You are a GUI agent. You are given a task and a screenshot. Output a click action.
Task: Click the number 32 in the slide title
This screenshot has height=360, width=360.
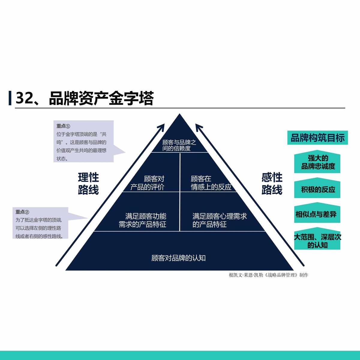(x=24, y=98)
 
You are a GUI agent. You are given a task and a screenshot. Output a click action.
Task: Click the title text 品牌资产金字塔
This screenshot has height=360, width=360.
(x=101, y=98)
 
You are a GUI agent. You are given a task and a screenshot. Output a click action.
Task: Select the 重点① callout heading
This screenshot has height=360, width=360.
(x=63, y=126)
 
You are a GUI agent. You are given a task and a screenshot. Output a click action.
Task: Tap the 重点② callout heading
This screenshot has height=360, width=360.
(x=22, y=212)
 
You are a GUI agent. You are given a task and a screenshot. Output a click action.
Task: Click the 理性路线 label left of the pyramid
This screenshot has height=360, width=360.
(x=88, y=184)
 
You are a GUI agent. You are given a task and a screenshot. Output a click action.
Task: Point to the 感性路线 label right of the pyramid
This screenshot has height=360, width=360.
(x=272, y=184)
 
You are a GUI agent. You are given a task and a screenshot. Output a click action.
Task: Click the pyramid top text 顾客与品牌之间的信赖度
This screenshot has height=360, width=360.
(x=179, y=145)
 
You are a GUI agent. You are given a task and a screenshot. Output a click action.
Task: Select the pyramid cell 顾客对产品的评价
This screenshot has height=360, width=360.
(x=148, y=183)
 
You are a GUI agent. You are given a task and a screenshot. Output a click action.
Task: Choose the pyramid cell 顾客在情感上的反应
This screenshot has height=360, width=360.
(x=211, y=183)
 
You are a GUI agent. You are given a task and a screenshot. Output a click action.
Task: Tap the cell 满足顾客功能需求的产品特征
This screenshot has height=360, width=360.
(x=143, y=220)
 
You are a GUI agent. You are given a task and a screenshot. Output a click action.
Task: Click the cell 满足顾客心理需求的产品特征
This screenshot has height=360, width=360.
(x=219, y=220)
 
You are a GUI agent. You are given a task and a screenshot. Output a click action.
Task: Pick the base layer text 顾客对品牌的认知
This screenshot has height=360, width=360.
(x=178, y=258)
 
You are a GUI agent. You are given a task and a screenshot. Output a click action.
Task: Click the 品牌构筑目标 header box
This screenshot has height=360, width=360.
(x=317, y=138)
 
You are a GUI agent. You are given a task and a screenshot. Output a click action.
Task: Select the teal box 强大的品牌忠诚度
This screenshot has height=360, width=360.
(x=317, y=162)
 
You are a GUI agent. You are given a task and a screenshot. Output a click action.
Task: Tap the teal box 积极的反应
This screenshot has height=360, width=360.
(x=317, y=190)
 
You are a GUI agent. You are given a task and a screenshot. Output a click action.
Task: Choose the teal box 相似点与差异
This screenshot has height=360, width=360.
(x=316, y=214)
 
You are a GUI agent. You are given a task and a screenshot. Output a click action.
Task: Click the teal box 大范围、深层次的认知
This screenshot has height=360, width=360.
(x=317, y=241)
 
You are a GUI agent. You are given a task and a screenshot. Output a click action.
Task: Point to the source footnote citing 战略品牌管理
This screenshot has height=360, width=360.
(x=268, y=275)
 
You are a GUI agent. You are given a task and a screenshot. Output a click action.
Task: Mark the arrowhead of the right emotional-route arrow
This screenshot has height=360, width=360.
(x=198, y=126)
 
